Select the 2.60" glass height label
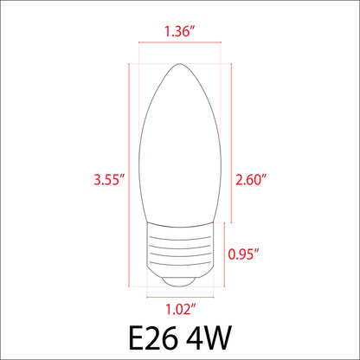click(x=250, y=180)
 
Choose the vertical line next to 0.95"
click(x=226, y=254)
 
